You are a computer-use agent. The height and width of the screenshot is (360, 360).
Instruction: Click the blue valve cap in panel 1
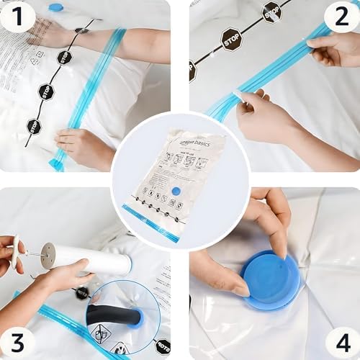click(x=56, y=7)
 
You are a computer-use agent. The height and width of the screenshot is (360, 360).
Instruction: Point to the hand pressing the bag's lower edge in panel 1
click(x=83, y=147)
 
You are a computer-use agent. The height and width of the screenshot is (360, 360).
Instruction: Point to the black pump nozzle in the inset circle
click(x=112, y=315)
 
